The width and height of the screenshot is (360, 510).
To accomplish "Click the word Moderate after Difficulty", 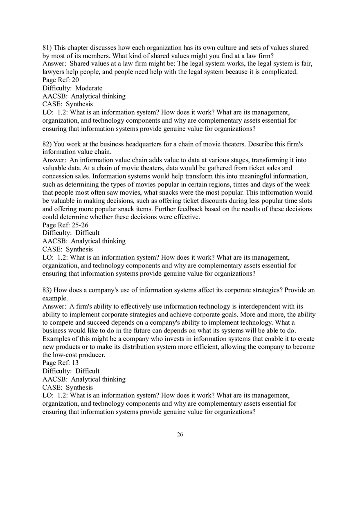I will coord(89,88).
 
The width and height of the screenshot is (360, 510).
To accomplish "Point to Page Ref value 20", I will coord(75,80).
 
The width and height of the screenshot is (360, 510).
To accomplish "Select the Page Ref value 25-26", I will coord(80,225).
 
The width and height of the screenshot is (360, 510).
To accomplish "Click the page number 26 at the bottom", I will coord(180,435).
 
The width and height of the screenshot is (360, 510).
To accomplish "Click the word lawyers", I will coord(53,72).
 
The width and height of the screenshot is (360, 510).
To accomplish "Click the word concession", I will coord(58,177).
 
